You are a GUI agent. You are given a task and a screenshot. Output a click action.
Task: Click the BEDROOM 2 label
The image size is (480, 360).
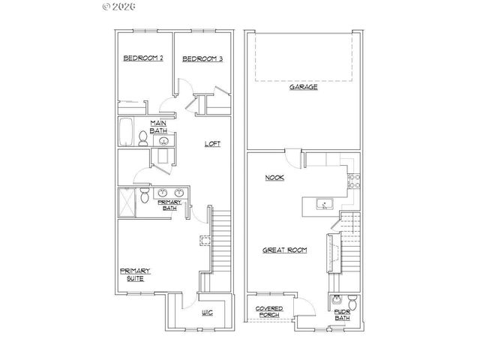point(142,58)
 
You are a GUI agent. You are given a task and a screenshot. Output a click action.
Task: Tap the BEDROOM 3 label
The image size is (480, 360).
point(202,58)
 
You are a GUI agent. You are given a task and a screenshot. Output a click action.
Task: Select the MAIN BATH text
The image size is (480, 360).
point(158,126)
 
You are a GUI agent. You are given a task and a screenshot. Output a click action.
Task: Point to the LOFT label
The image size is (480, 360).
point(212,144)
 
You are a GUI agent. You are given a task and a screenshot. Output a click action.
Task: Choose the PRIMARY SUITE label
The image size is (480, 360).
point(135,274)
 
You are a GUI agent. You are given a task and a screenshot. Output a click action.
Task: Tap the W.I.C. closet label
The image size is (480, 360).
point(208,313)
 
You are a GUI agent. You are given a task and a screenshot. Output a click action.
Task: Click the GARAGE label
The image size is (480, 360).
point(304,87)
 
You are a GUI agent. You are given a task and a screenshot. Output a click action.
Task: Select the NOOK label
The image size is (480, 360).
point(273,178)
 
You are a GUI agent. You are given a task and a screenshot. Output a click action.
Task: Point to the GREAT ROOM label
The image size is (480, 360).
point(285,250)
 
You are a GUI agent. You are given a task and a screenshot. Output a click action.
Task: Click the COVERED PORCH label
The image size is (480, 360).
point(268,312)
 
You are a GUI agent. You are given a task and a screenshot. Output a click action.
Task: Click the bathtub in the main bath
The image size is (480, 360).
point(125,132)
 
